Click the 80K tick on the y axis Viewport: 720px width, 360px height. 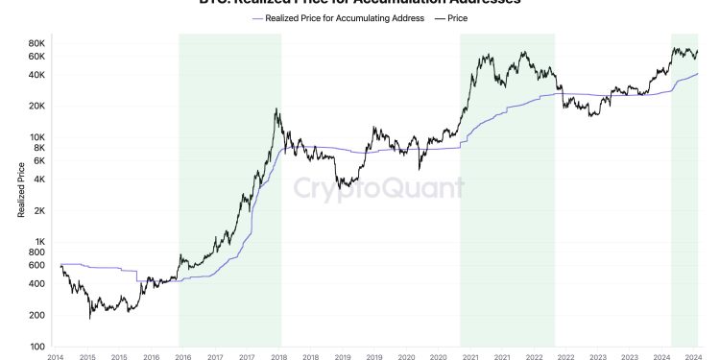click(36, 43)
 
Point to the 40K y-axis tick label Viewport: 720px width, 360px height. click(36, 75)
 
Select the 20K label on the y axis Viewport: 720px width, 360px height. click(36, 106)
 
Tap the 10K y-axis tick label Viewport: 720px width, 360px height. click(36, 137)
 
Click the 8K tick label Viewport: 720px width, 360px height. click(37, 148)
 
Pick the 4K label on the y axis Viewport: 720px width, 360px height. click(37, 180)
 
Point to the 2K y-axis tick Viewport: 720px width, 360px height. click(37, 210)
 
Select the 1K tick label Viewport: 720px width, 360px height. click(37, 242)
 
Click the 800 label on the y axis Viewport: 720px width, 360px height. click(36, 252)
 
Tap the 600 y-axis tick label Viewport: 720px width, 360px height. click(36, 265)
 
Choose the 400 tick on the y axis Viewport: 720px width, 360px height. click(36, 284)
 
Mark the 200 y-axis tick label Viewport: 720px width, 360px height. click(36, 315)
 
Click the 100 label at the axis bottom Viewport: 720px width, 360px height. click(36, 347)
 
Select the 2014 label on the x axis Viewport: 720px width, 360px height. click(55, 356)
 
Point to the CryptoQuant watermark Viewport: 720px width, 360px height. click(378, 187)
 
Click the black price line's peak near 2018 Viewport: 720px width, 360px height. click(276, 109)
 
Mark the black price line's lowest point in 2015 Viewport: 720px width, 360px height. click(90, 317)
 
